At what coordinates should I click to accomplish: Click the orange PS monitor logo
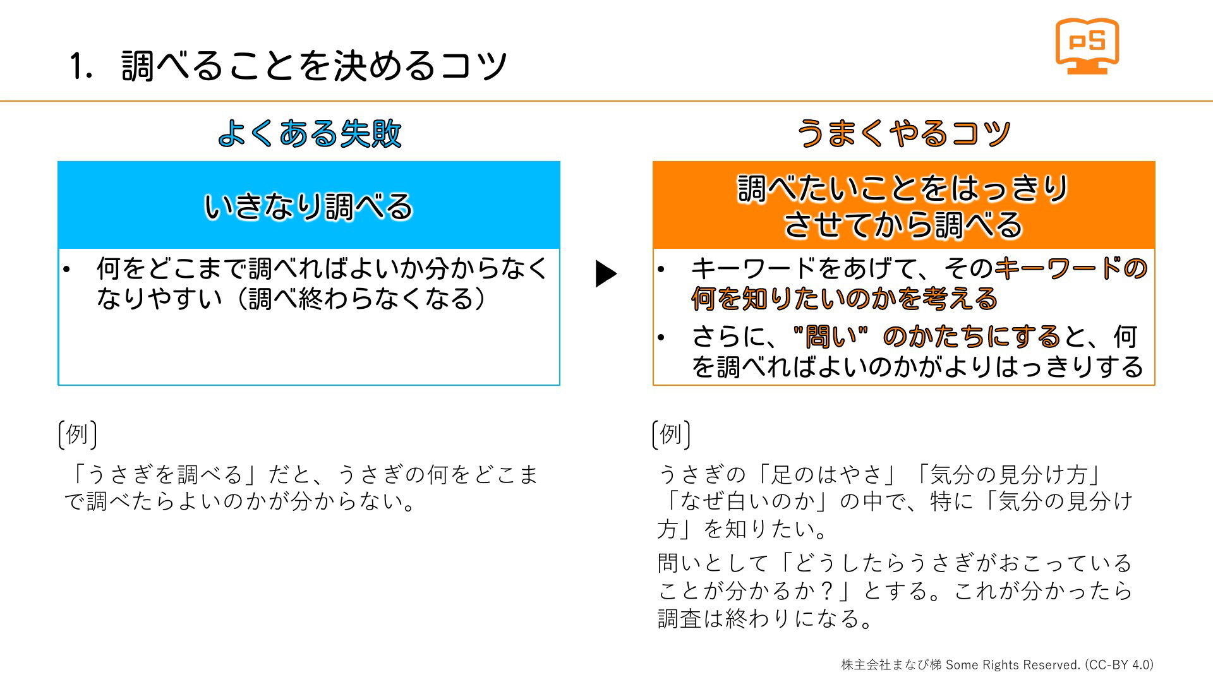[x=1087, y=46]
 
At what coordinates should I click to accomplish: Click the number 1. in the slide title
[x=81, y=66]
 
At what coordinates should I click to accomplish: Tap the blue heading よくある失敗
[x=310, y=133]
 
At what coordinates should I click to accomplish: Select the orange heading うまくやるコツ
[x=903, y=133]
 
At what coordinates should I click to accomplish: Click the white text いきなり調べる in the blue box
[x=308, y=206]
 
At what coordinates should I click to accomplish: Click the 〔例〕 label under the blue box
[x=77, y=434]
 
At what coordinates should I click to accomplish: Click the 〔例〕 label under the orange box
[x=671, y=434]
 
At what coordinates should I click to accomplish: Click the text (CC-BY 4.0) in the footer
[x=1119, y=664]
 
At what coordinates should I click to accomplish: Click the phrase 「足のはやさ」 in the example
[x=828, y=474]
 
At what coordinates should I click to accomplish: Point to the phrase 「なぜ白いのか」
[x=747, y=501]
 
